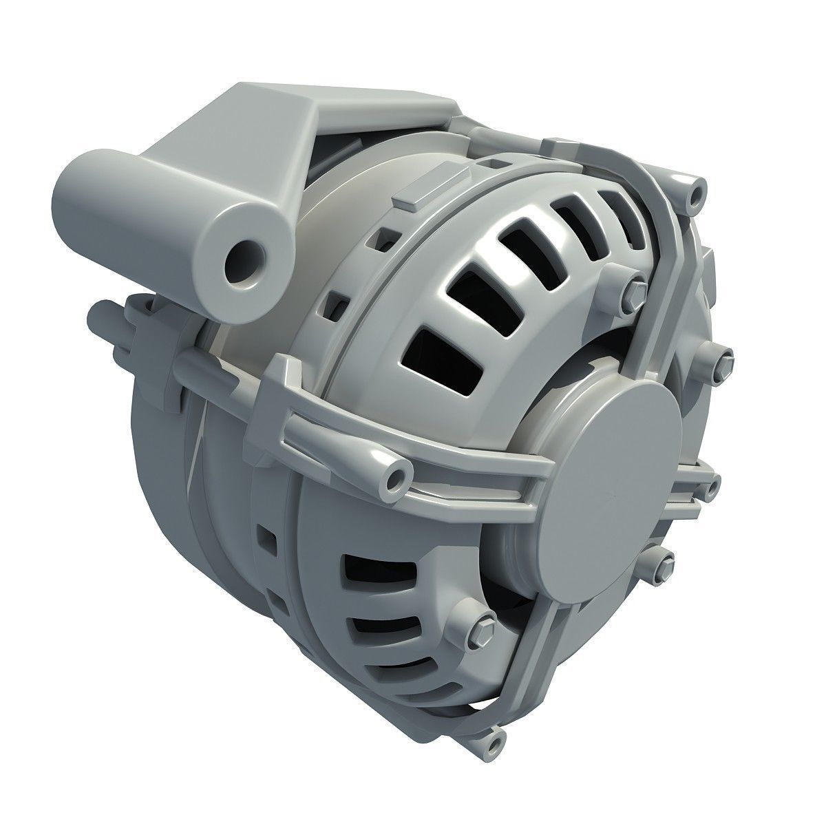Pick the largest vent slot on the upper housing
[438, 363]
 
